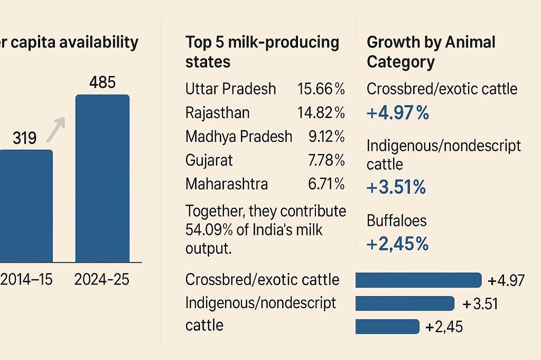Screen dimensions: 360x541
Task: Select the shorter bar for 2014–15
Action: coord(26,206)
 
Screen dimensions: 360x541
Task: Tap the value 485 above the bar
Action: coord(102,83)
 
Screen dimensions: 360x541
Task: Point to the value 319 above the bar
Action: coord(25,138)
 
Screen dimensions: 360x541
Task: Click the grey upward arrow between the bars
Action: coord(55,129)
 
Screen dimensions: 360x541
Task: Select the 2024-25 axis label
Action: coord(102,279)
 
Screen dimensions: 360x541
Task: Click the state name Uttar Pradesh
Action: coord(230,89)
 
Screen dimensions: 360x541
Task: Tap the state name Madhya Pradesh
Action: coord(238,137)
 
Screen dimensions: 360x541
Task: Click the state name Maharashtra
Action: coord(226,184)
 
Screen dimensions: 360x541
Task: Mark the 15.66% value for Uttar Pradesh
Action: coord(321,89)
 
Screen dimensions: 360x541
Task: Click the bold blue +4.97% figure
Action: coord(397,113)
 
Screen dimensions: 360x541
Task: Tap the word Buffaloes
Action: coord(396,221)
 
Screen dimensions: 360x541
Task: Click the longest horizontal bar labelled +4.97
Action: coord(418,280)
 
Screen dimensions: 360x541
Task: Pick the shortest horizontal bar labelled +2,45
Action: coord(387,327)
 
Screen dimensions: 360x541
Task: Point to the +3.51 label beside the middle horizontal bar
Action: coord(480,304)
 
